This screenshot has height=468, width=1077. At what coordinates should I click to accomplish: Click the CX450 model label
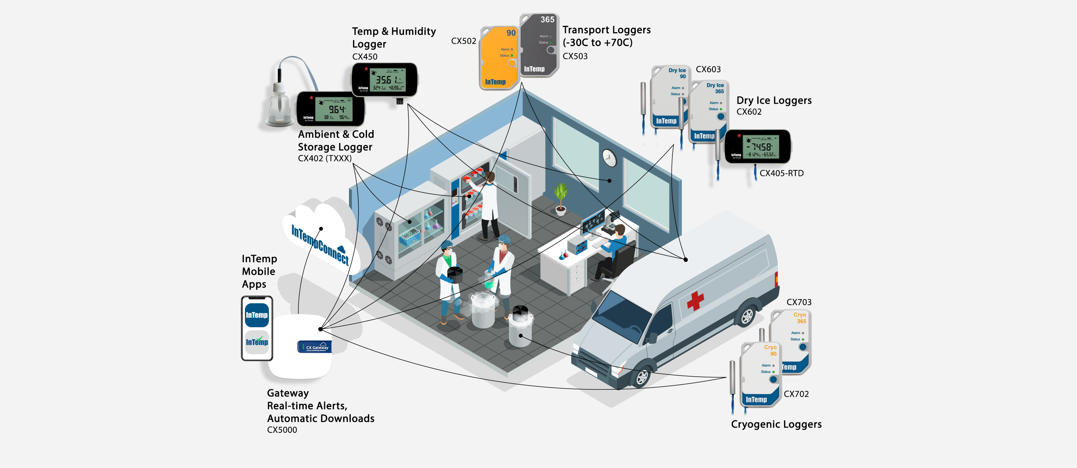click(365, 57)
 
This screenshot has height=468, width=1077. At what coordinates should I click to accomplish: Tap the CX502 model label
click(463, 41)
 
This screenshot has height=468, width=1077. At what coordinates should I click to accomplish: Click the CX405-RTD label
click(781, 173)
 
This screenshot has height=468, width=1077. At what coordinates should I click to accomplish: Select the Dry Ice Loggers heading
click(774, 100)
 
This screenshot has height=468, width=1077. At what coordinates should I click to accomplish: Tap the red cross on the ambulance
click(695, 301)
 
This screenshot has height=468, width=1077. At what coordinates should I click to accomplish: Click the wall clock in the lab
click(609, 158)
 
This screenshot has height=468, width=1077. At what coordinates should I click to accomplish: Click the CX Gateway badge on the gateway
click(315, 347)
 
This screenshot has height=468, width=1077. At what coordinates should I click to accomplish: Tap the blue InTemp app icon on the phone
click(257, 315)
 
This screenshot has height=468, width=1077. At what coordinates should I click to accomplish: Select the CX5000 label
click(282, 430)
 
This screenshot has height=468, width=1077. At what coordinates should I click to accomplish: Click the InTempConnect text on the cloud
click(320, 244)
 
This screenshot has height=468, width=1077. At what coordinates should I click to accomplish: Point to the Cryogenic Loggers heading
click(776, 425)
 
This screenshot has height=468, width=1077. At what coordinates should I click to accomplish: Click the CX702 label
click(796, 394)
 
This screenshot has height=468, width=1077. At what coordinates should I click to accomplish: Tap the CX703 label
click(798, 302)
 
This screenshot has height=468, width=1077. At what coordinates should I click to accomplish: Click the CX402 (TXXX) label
click(325, 159)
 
